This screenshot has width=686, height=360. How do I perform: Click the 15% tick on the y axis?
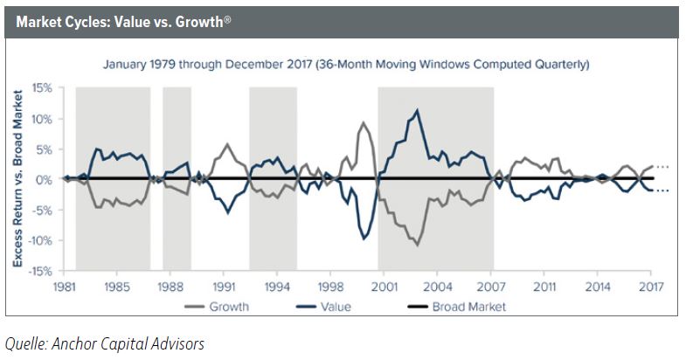click(42, 87)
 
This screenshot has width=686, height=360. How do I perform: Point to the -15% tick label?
click(40, 271)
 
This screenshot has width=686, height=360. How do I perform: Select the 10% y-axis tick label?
click(42, 118)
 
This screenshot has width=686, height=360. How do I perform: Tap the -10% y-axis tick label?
click(40, 240)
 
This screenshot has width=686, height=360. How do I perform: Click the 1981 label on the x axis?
click(63, 286)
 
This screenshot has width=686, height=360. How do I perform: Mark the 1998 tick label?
click(329, 286)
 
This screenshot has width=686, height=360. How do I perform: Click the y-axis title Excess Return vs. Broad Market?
click(17, 179)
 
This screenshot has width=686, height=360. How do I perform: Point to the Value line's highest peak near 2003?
click(418, 110)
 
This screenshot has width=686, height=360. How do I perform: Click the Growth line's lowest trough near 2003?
click(417, 245)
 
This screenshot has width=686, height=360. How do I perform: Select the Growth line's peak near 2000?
click(363, 122)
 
